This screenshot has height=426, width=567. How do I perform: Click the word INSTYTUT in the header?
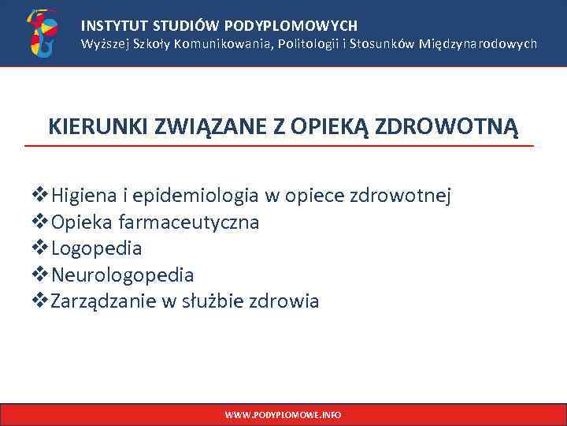coord(109,26)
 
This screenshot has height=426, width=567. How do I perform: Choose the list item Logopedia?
coord(96,248)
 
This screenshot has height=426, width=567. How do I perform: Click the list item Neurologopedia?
coord(122,275)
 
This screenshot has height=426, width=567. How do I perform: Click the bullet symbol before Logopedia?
coord(41,248)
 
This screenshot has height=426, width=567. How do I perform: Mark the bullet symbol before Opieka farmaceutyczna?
coord(41,222)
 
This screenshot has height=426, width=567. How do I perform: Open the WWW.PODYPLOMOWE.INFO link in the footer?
coord(283,414)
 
